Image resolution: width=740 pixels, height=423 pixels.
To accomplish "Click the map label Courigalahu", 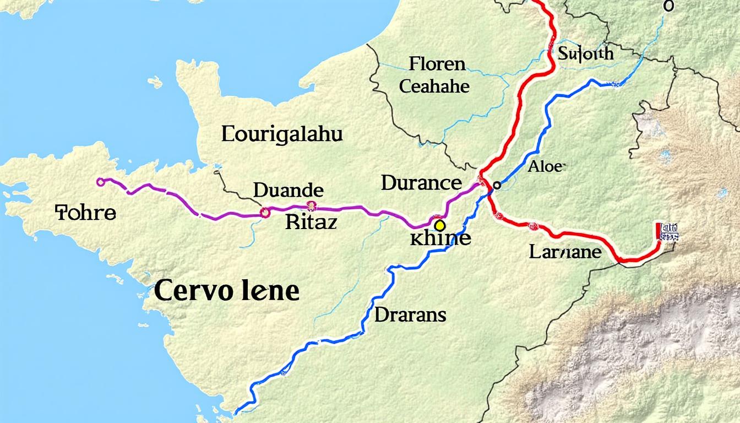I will pyautogui.click(x=282, y=134).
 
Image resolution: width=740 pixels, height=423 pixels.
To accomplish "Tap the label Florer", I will pyautogui.click(x=437, y=64).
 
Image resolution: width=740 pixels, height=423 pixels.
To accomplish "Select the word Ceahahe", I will pyautogui.click(x=434, y=86).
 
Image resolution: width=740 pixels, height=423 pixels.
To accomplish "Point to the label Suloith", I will pyautogui.click(x=585, y=53).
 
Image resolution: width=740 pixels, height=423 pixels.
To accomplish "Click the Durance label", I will pyautogui.click(x=421, y=183).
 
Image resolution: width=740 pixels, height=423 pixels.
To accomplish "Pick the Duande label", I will pyautogui.click(x=288, y=191).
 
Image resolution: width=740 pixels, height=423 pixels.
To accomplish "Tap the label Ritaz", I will pyautogui.click(x=311, y=222).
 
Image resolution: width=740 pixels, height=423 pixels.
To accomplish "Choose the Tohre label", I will pyautogui.click(x=86, y=213).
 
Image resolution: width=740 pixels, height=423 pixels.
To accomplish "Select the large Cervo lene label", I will pyautogui.click(x=226, y=290).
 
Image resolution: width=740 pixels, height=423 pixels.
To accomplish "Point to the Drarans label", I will pyautogui.click(x=410, y=314).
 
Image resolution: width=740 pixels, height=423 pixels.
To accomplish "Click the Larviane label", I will pyautogui.click(x=565, y=252).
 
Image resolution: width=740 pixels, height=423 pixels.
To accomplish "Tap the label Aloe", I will pyautogui.click(x=546, y=166).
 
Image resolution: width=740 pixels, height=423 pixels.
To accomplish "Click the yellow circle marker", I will pyautogui.click(x=439, y=225).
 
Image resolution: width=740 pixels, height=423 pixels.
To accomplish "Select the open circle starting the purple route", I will pyautogui.click(x=100, y=182).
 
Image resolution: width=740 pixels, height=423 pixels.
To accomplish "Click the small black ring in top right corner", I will pyautogui.click(x=668, y=6).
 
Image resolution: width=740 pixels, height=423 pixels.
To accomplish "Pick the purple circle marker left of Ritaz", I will pyautogui.click(x=265, y=213).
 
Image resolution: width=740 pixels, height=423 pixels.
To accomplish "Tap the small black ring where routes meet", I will pyautogui.click(x=496, y=186).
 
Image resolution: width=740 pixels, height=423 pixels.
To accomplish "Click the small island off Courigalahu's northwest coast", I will pyautogui.click(x=155, y=82).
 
